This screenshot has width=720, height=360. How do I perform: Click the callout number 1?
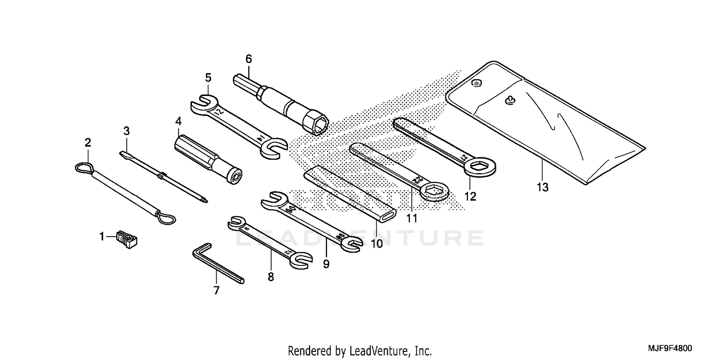click(101, 236)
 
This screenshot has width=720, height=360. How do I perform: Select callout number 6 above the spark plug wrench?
click(248, 59)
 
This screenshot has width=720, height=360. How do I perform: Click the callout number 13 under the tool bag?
click(542, 188)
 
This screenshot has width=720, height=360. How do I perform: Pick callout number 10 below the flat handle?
click(377, 243)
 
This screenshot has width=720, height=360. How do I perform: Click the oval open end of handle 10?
click(388, 216)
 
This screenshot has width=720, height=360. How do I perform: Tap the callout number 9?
click(326, 264)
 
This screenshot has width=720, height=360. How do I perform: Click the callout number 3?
click(126, 131)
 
